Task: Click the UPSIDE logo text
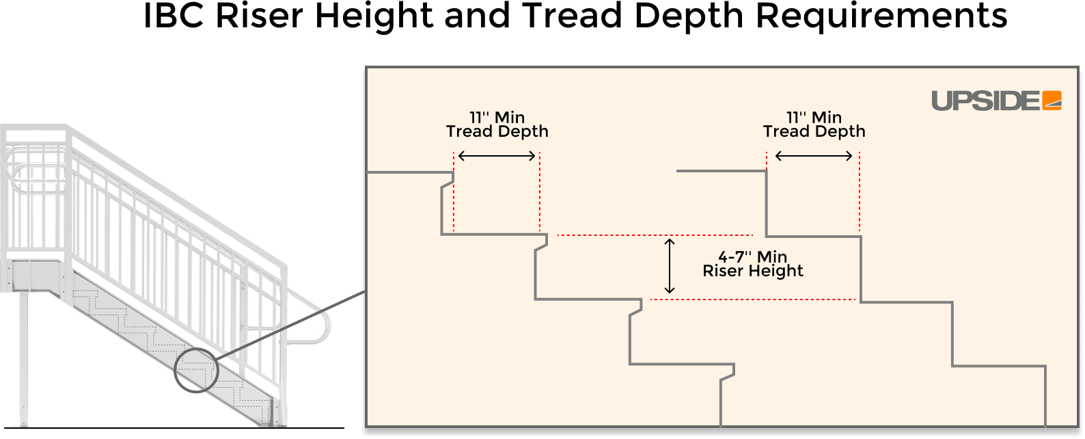pyautogui.click(x=985, y=101)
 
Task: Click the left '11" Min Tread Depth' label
pyautogui.click(x=497, y=124)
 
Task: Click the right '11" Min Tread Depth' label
pyautogui.click(x=814, y=124)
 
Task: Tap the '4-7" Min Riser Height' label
pyautogui.click(x=752, y=264)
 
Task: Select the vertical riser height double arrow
pyautogui.click(x=670, y=267)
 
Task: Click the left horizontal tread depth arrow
pyautogui.click(x=497, y=157)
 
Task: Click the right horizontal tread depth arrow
pyautogui.click(x=814, y=157)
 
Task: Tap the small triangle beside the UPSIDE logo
pyautogui.click(x=1054, y=104)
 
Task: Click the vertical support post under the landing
pyautogui.click(x=25, y=356)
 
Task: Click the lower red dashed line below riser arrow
pyautogui.click(x=752, y=300)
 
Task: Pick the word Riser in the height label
pyautogui.click(x=722, y=271)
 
